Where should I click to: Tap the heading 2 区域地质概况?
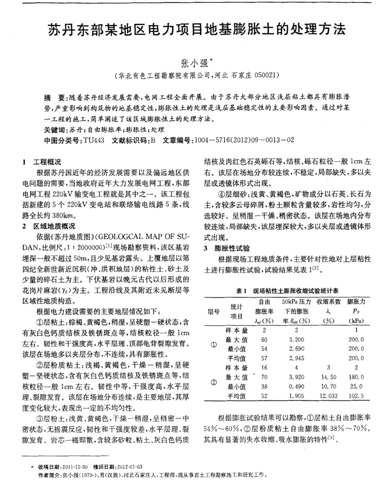coord(50,224)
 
